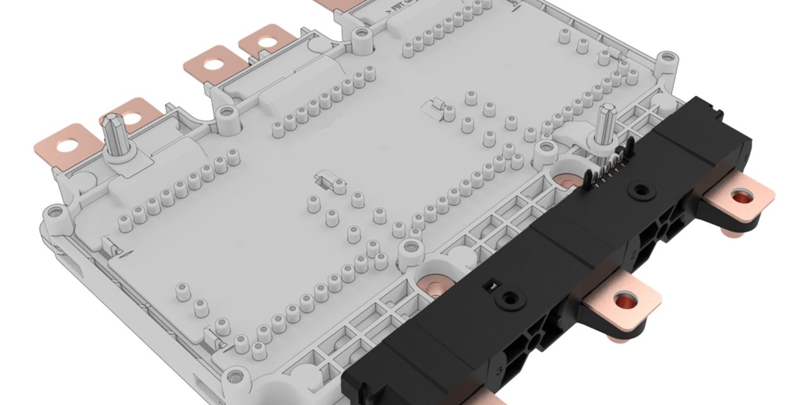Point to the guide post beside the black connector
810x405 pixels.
[607, 124]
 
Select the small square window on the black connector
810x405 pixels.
[487, 287]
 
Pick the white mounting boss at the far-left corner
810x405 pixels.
[54, 212]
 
